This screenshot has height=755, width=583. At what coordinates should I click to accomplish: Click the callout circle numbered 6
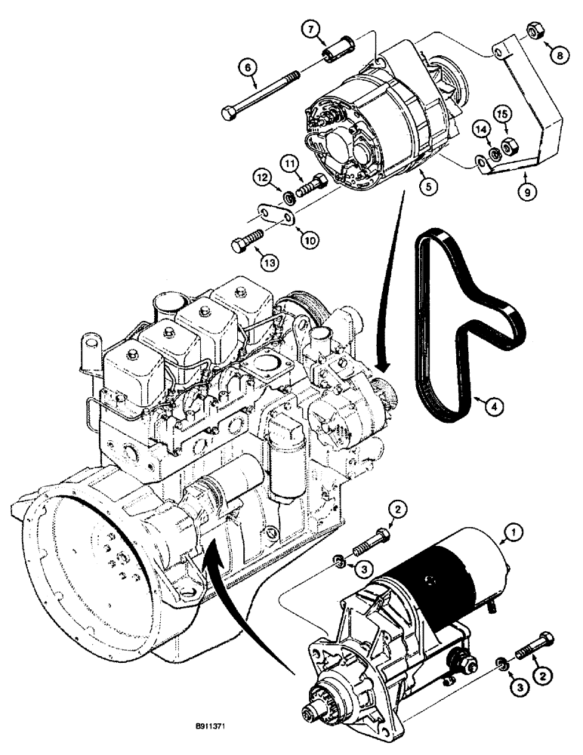pyautogui.click(x=246, y=67)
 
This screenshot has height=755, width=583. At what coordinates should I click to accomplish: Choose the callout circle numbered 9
pyautogui.click(x=527, y=192)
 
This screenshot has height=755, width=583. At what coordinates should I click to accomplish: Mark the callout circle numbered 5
pyautogui.click(x=427, y=183)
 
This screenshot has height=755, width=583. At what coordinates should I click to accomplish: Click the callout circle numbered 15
pyautogui.click(x=503, y=113)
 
